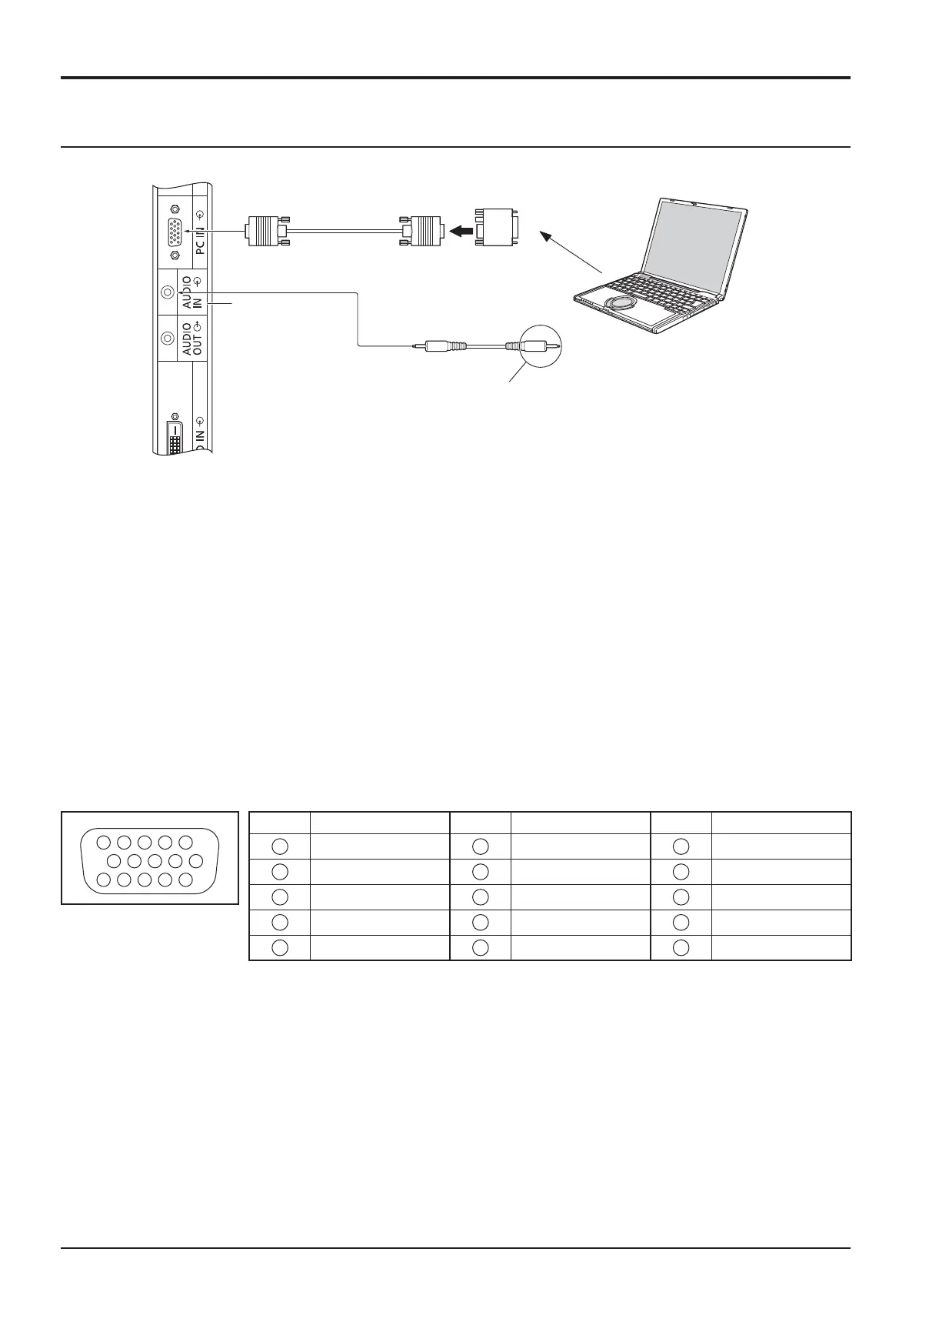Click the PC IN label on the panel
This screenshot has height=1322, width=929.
point(200,235)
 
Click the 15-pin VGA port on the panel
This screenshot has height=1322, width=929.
point(175,232)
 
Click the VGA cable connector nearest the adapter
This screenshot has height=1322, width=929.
point(421,229)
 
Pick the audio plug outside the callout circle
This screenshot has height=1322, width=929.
point(439,347)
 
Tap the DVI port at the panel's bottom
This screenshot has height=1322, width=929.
point(174,436)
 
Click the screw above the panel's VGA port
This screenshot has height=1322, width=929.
point(175,209)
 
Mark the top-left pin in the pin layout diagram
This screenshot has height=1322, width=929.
point(105,841)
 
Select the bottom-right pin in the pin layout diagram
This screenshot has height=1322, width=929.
point(185,879)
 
